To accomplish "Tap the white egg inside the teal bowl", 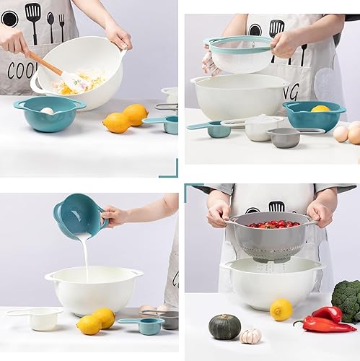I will pos(46,110).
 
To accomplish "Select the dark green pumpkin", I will pos(224,326).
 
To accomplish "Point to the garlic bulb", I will pos(250,336).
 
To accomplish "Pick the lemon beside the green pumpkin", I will pos(281,309).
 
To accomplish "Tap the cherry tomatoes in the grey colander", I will pos(273,225).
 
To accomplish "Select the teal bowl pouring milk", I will pos(77,214).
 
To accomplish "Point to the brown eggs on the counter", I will pos(347,134).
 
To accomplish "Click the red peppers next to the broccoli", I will pos(324,320).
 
